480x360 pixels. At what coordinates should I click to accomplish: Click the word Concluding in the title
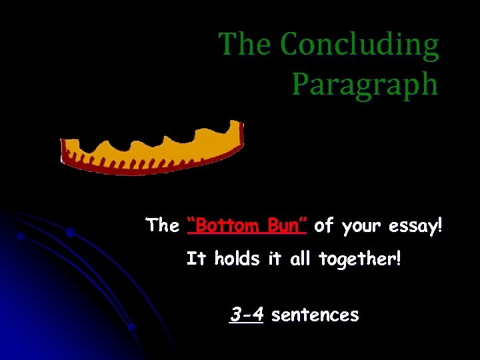(359, 45)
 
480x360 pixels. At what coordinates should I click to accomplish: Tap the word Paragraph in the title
(365, 84)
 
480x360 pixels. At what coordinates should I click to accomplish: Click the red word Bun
(287, 225)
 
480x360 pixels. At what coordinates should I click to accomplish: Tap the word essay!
(416, 226)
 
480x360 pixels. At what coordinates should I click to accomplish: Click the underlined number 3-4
(246, 313)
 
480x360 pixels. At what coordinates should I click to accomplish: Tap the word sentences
(315, 315)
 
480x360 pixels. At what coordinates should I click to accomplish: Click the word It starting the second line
(196, 258)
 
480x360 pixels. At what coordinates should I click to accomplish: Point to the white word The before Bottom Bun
(163, 225)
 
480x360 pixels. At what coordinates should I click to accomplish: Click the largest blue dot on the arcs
(70, 232)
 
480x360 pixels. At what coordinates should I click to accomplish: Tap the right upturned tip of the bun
(234, 127)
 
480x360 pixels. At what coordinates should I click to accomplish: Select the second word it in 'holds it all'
(274, 258)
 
